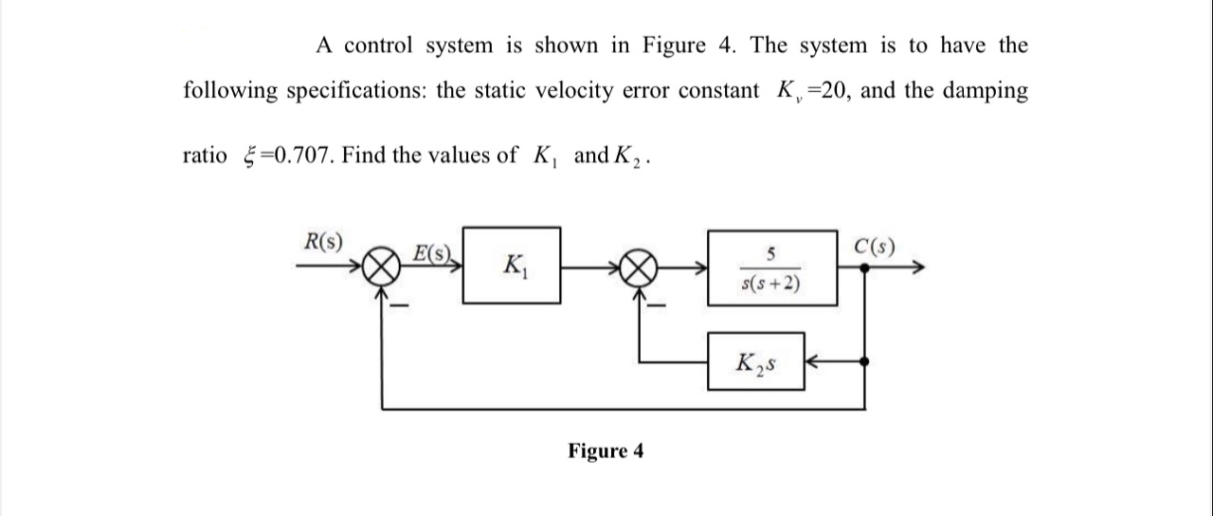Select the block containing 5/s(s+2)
point(771,267)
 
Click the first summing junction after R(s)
point(381,268)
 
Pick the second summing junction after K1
point(641,268)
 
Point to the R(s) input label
point(322,240)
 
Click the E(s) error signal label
point(433,253)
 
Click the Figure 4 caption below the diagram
point(606,451)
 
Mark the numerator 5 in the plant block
point(771,252)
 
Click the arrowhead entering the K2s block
point(814,361)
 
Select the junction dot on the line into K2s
point(863,361)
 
